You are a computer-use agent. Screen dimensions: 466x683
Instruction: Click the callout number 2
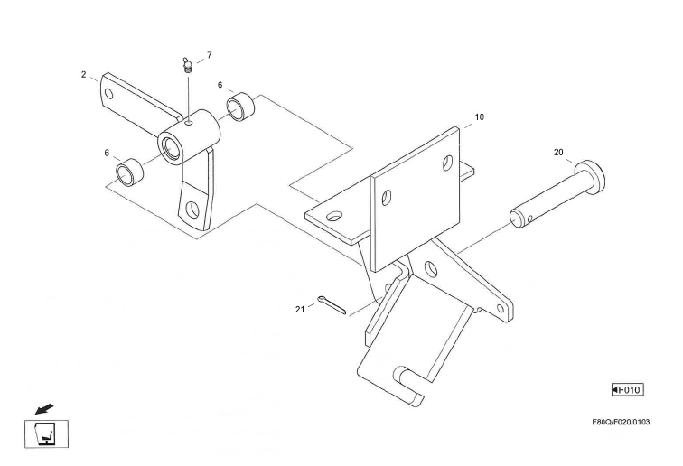83,74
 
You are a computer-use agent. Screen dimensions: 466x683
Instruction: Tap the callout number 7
209,55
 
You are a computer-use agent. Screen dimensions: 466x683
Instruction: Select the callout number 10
480,116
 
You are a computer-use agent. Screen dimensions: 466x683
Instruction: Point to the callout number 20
558,153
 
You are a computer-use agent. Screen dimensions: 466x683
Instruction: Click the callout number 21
300,309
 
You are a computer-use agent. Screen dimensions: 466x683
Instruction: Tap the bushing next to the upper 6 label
240,107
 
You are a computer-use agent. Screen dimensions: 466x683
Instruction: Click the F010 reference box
627,389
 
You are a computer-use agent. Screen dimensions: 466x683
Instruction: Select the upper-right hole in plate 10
447,163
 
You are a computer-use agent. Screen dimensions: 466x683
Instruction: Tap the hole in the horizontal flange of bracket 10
335,217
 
